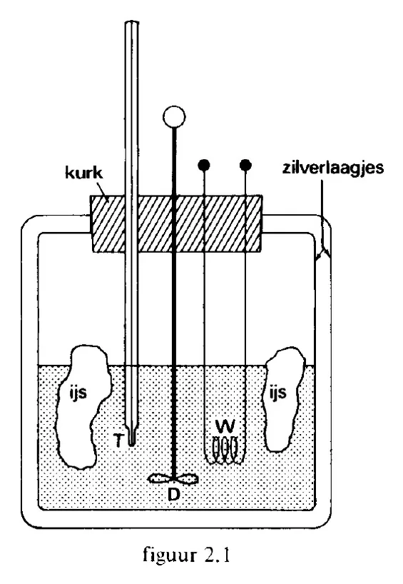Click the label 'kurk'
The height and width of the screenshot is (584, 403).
(x=83, y=173)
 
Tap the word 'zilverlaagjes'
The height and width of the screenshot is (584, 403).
(x=332, y=168)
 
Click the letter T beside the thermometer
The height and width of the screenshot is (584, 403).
(x=118, y=441)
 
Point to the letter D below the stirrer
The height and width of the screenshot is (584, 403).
(x=174, y=493)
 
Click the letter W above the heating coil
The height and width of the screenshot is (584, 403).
(x=225, y=426)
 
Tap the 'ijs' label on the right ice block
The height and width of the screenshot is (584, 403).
(x=277, y=393)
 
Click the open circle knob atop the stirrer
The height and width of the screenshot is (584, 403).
(x=174, y=116)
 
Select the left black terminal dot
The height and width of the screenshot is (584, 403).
(x=204, y=165)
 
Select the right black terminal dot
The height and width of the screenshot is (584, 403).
(x=245, y=165)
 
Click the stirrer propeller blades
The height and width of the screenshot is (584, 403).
(x=173, y=478)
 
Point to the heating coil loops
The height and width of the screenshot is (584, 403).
(x=225, y=450)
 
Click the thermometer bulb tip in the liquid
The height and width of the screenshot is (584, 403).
(x=131, y=440)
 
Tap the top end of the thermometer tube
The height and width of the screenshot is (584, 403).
(x=131, y=23)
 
